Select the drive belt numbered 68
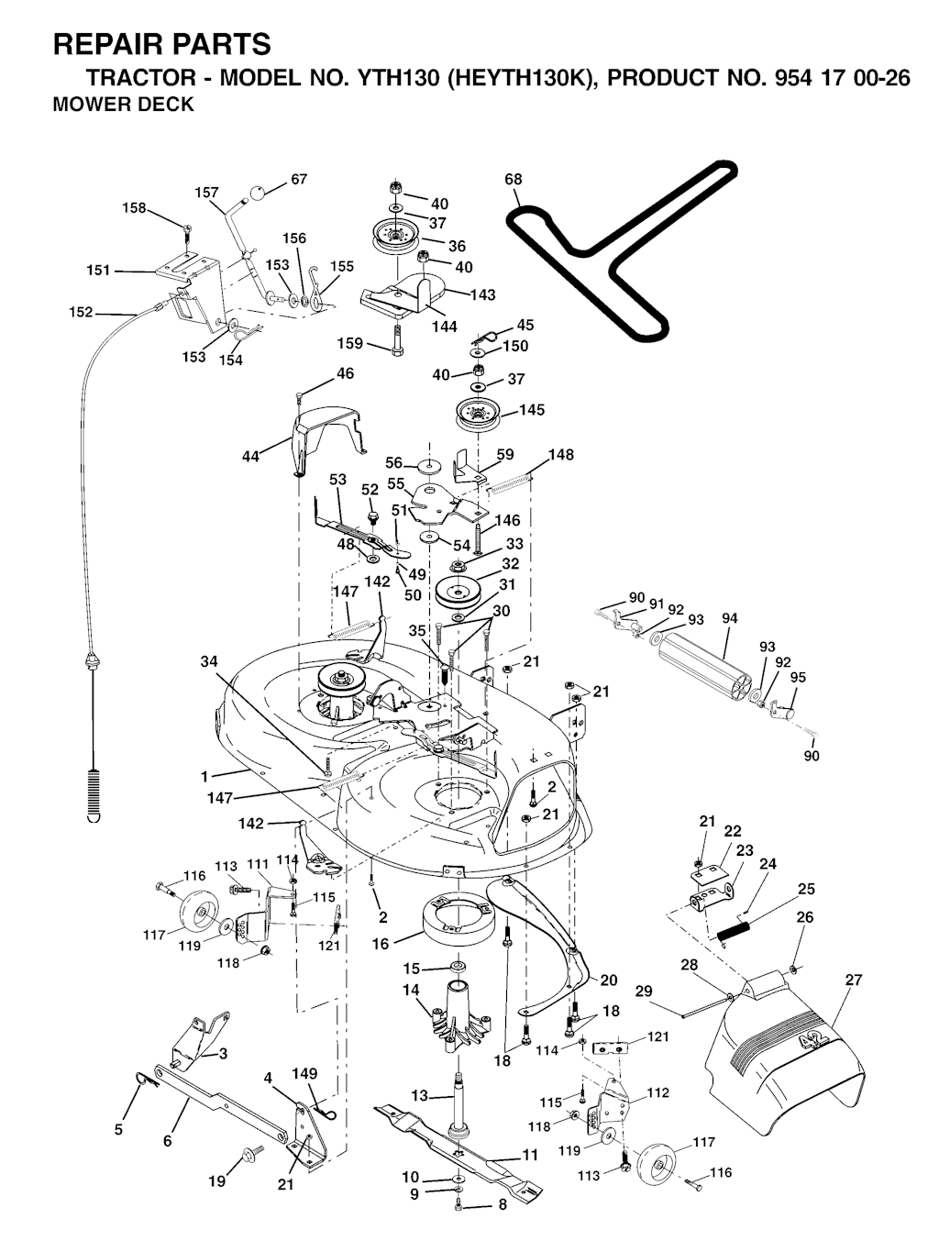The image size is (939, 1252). tap(622, 251)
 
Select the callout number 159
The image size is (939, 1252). tap(350, 343)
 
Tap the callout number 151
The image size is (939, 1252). tap(98, 270)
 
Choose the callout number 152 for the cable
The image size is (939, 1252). tap(81, 312)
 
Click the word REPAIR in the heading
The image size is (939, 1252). tap(108, 45)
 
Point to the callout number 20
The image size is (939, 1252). tap(609, 980)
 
